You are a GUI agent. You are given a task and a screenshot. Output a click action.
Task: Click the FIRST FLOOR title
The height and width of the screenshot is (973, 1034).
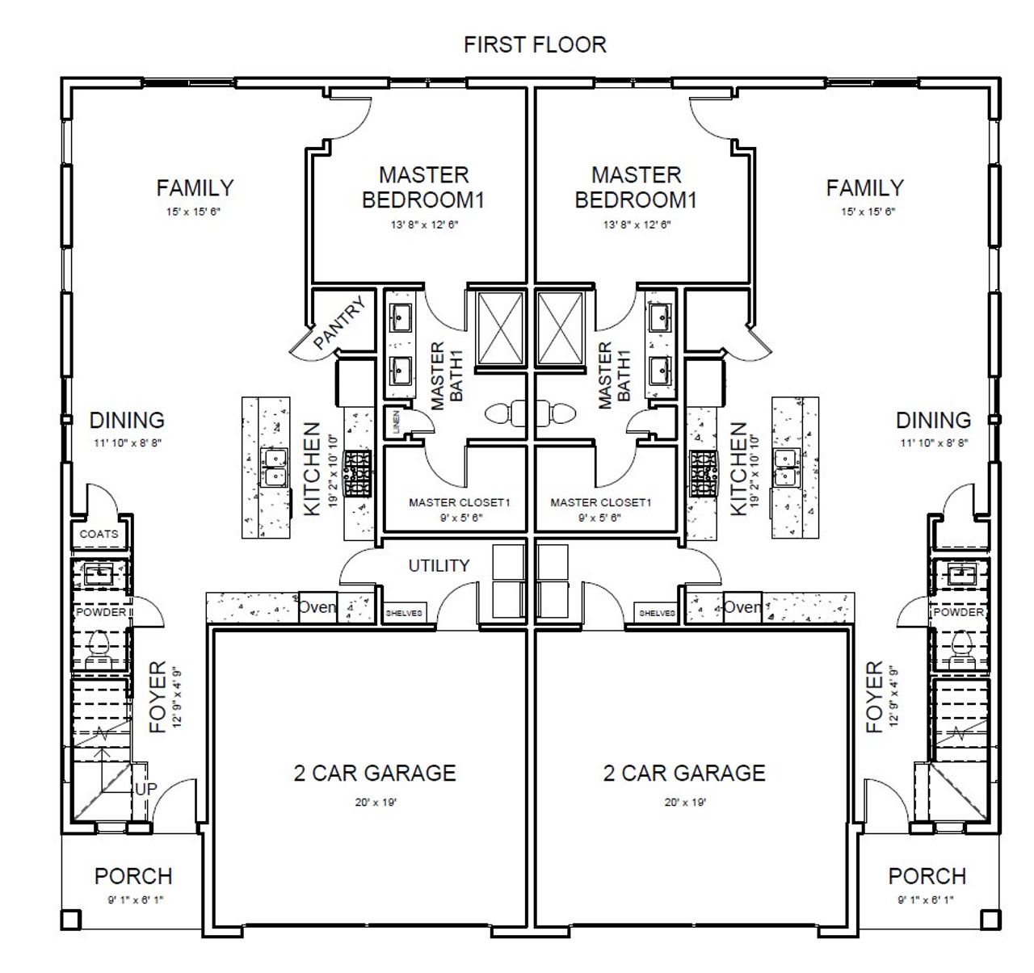click(x=535, y=44)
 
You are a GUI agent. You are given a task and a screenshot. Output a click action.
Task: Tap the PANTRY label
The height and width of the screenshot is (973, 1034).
click(x=340, y=324)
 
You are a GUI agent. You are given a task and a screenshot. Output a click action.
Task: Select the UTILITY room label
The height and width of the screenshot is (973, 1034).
click(x=439, y=565)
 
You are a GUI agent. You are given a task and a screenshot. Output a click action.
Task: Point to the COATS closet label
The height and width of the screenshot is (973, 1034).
click(x=99, y=534)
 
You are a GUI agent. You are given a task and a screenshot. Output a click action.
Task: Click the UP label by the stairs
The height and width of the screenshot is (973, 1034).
click(x=145, y=788)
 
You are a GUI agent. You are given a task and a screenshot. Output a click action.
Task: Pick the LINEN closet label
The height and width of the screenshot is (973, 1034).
click(x=396, y=422)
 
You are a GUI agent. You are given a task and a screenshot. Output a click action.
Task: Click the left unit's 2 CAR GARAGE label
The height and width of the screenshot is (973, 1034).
click(x=374, y=773)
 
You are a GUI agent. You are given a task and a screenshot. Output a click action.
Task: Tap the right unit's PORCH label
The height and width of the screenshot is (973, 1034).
click(x=927, y=876)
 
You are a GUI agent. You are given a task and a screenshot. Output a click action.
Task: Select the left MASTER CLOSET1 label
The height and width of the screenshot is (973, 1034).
click(x=459, y=502)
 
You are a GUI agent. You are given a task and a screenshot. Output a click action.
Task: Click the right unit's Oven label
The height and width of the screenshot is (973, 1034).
click(x=742, y=606)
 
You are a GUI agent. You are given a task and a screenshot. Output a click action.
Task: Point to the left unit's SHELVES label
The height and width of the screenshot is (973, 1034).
click(x=404, y=613)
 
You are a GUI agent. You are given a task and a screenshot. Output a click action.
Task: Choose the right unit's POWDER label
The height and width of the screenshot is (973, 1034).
click(x=958, y=612)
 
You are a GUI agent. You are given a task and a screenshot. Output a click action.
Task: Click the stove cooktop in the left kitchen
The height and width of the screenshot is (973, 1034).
click(x=357, y=473)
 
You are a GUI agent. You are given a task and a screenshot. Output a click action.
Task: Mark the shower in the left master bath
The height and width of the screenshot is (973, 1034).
click(x=502, y=327)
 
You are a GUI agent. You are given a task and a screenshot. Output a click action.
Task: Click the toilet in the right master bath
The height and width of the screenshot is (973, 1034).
click(x=557, y=413)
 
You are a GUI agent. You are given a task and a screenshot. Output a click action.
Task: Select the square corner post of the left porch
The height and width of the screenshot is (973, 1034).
click(x=71, y=919)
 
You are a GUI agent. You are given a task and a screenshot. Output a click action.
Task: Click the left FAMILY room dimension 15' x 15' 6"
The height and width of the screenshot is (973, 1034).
click(x=194, y=212)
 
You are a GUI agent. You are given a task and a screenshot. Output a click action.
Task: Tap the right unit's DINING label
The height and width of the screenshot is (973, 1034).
click(x=933, y=420)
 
